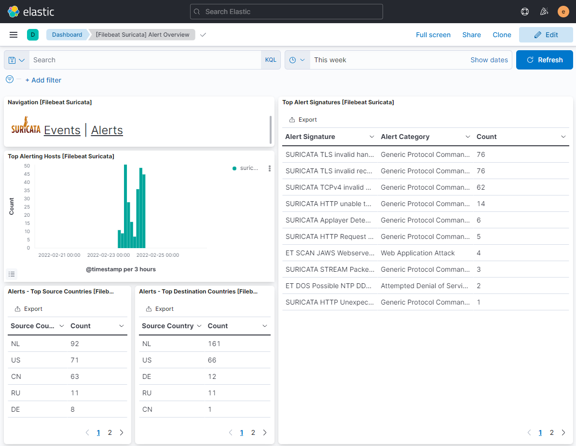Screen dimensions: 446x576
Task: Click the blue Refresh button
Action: [544, 60]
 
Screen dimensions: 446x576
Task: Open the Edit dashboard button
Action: [546, 35]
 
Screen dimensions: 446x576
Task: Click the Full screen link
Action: [433, 35]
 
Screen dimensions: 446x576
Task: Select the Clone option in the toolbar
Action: [502, 35]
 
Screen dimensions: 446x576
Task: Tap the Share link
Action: [471, 35]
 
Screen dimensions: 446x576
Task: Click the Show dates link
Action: [489, 60]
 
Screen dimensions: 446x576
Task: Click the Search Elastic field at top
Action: [286, 12]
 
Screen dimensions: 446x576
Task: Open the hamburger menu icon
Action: [14, 35]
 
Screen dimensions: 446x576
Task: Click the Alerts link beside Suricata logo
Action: [107, 130]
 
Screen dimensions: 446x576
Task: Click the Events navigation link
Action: [62, 130]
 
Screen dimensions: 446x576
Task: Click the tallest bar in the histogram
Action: [125, 207]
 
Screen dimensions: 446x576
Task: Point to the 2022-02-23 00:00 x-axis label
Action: [109, 255]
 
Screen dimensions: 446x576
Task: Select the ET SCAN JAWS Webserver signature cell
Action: [329, 253]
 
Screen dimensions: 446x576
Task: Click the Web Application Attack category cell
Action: [417, 253]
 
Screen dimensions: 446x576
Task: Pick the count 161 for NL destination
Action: [214, 344]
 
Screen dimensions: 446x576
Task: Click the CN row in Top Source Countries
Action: [16, 376]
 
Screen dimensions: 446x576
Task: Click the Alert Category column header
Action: [405, 137]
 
